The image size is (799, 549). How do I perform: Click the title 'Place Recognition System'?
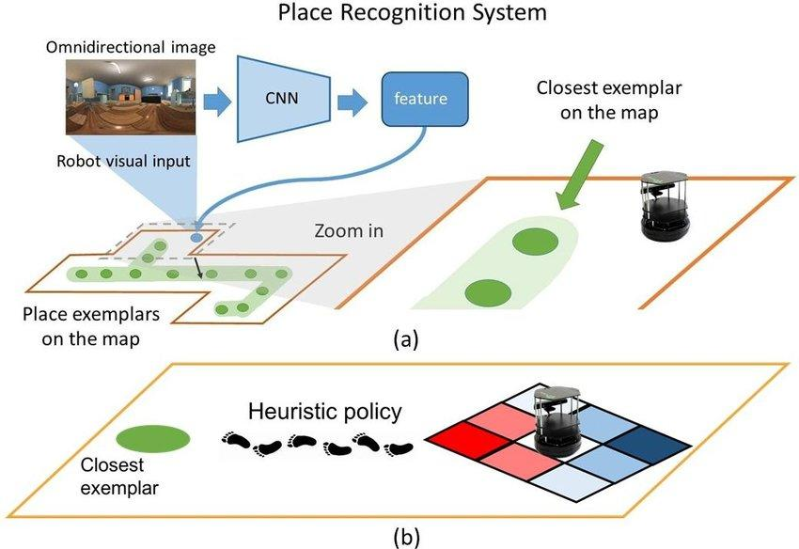click(x=413, y=12)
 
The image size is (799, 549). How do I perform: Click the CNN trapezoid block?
click(x=283, y=98)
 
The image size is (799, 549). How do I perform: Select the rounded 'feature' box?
click(x=425, y=99)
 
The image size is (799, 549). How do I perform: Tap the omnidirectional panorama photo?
click(x=131, y=97)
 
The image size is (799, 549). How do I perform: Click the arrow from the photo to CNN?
click(x=217, y=102)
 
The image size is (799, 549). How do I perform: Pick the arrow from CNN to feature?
click(x=352, y=102)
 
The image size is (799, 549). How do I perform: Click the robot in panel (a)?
click(x=665, y=206)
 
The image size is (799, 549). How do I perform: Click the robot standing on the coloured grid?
click(x=557, y=422)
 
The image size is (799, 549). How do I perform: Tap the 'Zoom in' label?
click(x=349, y=231)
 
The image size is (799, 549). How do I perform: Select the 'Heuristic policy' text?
click(x=325, y=412)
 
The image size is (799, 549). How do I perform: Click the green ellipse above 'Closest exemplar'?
click(x=153, y=438)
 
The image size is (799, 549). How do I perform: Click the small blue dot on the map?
click(x=196, y=238)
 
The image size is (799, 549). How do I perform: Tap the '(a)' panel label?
click(x=406, y=339)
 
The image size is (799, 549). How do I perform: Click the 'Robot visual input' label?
click(x=123, y=161)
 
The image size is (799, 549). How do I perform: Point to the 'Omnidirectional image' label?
click(x=131, y=47)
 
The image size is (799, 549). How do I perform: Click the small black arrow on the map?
click(x=198, y=268)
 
